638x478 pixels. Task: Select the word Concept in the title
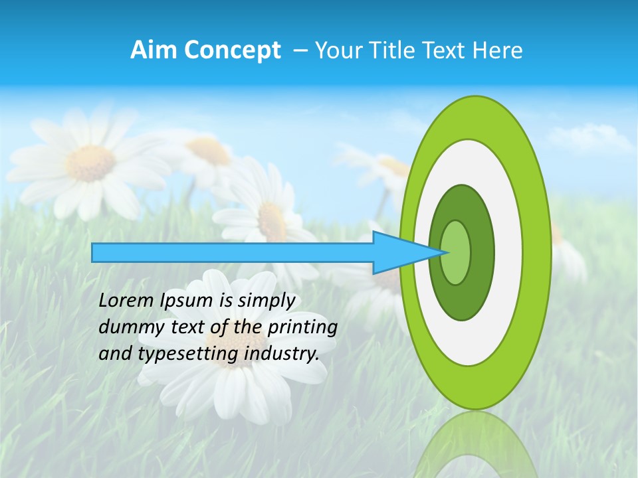point(232,51)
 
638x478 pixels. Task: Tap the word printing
point(303,328)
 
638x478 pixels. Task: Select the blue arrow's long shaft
point(233,252)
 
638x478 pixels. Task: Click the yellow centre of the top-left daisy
point(92,163)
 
